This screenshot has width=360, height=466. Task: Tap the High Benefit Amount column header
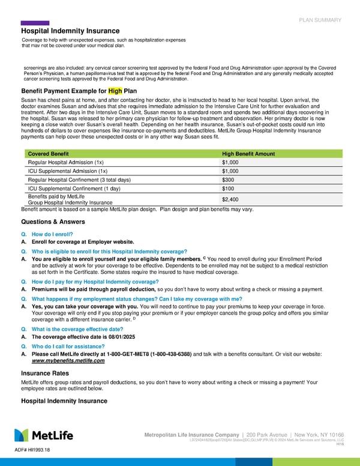(x=248, y=154)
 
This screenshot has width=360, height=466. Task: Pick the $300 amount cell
(x=228, y=180)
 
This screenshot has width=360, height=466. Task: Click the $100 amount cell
(x=228, y=189)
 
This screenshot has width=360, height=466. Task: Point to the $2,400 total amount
(x=230, y=199)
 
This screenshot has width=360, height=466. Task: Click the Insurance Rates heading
(x=46, y=373)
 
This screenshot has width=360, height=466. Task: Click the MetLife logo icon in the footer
(x=22, y=435)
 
